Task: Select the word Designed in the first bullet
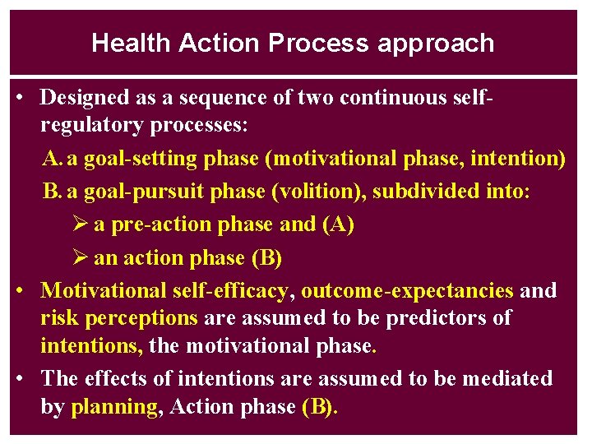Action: click(x=81, y=98)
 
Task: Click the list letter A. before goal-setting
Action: click(x=53, y=159)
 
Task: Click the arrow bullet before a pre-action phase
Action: click(x=79, y=224)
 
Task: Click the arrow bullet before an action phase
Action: click(x=79, y=258)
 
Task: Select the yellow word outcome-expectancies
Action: click(x=407, y=291)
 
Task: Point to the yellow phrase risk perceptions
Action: click(x=119, y=318)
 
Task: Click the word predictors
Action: click(x=441, y=317)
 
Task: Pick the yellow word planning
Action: click(x=114, y=407)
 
